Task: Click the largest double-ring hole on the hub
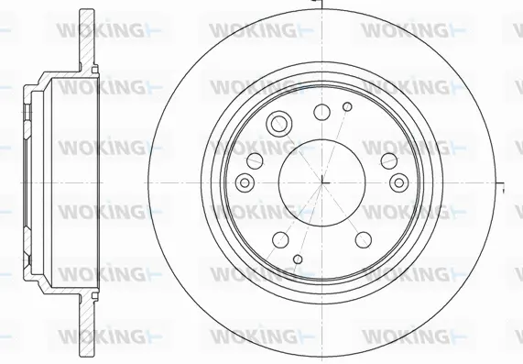click(278, 124)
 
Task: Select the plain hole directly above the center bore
click(321, 113)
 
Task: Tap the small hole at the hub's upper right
click(346, 108)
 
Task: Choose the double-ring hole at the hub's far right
click(398, 183)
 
